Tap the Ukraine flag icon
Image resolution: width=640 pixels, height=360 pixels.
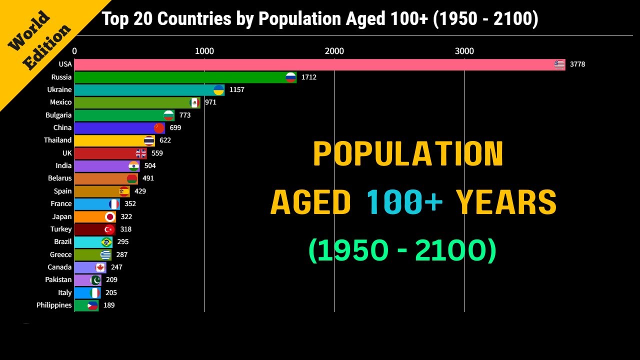(218, 90)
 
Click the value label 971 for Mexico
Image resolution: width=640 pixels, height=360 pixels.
(210, 102)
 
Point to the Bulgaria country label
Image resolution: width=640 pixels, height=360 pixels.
(58, 115)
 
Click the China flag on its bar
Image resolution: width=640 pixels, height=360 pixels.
(159, 128)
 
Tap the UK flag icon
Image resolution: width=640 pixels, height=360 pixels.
(141, 153)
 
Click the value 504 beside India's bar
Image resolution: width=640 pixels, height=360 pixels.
(150, 166)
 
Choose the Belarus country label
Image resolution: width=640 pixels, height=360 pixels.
(60, 178)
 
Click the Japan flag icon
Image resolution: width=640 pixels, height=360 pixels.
(110, 217)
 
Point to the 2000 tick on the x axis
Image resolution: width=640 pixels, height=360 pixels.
(334, 51)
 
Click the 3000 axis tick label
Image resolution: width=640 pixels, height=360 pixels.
(464, 51)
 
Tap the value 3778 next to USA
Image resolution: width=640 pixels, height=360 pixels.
(577, 64)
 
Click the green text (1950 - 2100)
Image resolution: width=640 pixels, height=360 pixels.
(402, 250)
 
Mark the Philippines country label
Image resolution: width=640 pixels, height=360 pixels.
(54, 305)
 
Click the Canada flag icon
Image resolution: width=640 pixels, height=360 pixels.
(100, 267)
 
